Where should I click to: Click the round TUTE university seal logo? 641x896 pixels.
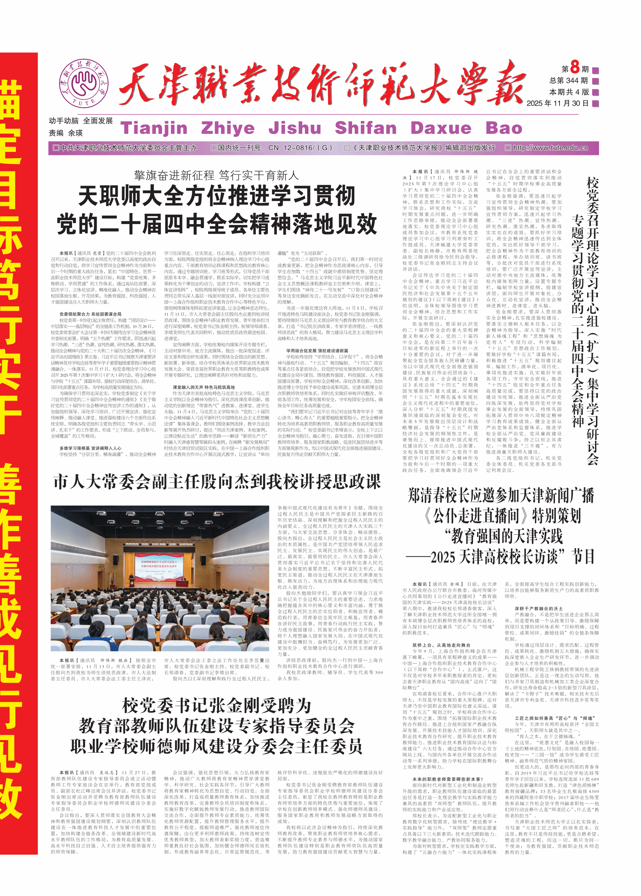click(83, 83)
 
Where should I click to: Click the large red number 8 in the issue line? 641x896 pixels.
click(574, 68)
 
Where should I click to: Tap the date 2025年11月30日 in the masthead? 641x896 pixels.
click(557, 103)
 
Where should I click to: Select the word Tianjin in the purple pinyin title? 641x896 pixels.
click(154, 128)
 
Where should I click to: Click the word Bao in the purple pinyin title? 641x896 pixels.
click(504, 128)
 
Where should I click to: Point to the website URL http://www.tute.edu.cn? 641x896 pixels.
click(550, 148)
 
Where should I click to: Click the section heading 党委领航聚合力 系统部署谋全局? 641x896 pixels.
click(90, 314)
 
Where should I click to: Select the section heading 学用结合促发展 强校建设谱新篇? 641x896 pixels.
click(317, 351)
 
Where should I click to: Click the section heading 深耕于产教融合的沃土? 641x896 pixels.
click(538, 608)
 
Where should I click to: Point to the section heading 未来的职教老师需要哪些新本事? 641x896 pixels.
click(448, 779)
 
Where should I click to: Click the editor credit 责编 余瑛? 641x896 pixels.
click(65, 133)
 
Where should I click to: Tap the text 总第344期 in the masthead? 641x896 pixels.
click(568, 81)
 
